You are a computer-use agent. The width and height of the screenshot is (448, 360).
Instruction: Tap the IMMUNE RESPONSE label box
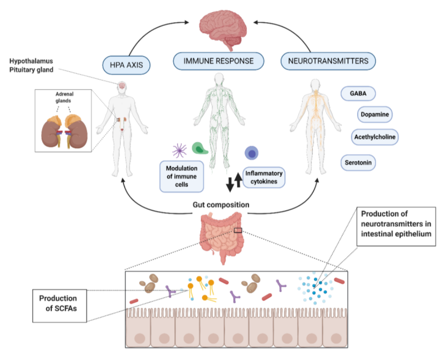point(218,62)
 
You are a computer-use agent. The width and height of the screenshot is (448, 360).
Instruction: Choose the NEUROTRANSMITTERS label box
point(328,62)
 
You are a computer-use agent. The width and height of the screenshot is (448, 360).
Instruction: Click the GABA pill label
point(358,93)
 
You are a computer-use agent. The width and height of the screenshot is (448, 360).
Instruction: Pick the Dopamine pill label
point(375,114)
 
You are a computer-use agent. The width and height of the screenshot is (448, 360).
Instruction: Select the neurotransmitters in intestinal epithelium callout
point(396,224)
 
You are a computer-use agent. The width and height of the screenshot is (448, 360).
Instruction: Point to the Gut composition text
point(221,205)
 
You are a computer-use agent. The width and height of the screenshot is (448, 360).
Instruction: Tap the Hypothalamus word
point(31,61)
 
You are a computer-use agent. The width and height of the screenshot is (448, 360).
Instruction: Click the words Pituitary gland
point(31,70)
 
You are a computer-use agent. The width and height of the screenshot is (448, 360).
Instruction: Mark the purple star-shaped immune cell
point(179,150)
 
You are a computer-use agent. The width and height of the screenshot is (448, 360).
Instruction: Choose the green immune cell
point(199,148)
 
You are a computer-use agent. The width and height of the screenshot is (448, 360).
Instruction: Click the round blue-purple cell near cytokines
point(252,153)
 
